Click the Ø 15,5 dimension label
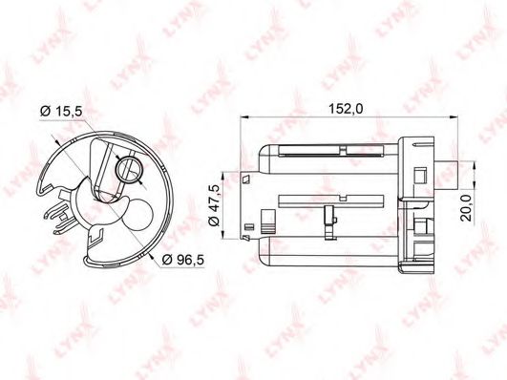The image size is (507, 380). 61,111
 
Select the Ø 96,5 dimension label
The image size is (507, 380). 183,260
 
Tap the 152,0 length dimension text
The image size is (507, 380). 346,109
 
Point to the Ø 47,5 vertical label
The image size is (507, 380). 215,205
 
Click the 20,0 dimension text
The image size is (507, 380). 466,207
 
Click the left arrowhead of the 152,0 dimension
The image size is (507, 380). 244,117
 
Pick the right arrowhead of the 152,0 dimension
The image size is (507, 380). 454,117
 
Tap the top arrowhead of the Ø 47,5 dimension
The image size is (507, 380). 222,177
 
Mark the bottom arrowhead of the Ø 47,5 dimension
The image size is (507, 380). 222,235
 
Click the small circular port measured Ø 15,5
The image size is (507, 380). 130,170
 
